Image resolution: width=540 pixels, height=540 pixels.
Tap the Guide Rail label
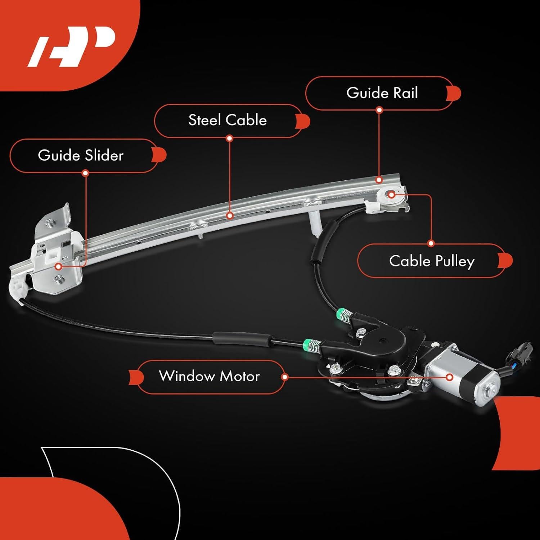tap(382, 93)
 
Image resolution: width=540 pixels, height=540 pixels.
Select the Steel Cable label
tap(228, 120)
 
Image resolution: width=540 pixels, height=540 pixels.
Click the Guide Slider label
tap(81, 156)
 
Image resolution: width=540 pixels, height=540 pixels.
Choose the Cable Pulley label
tap(432, 261)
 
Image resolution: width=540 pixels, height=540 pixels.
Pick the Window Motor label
tap(209, 376)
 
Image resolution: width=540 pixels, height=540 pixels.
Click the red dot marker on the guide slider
tap(58, 267)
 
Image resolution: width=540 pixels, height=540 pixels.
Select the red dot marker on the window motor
tap(449, 377)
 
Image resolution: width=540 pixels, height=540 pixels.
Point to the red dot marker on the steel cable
tap(230, 216)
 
